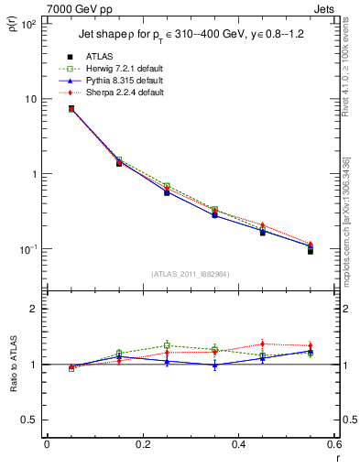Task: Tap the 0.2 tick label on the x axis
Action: pyautogui.click(x=142, y=444)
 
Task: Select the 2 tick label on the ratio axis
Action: pyautogui.click(x=32, y=309)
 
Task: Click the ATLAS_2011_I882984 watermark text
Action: pyautogui.click(x=191, y=274)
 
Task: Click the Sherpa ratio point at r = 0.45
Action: pyautogui.click(x=262, y=344)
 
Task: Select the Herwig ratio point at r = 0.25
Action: pyautogui.click(x=167, y=345)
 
